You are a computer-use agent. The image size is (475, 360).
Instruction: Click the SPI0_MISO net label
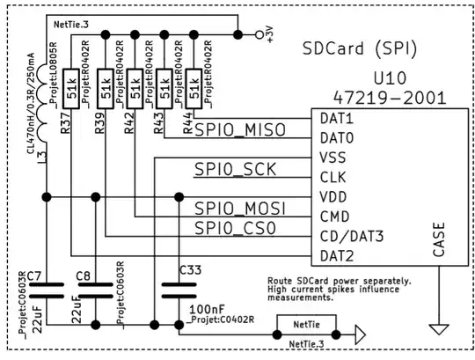click(x=240, y=131)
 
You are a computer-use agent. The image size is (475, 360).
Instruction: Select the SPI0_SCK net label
click(x=235, y=169)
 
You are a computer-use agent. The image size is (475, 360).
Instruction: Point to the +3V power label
click(x=270, y=34)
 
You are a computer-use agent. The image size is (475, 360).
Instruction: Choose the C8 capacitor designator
click(x=84, y=276)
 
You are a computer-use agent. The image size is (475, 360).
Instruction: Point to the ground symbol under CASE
click(x=439, y=329)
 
